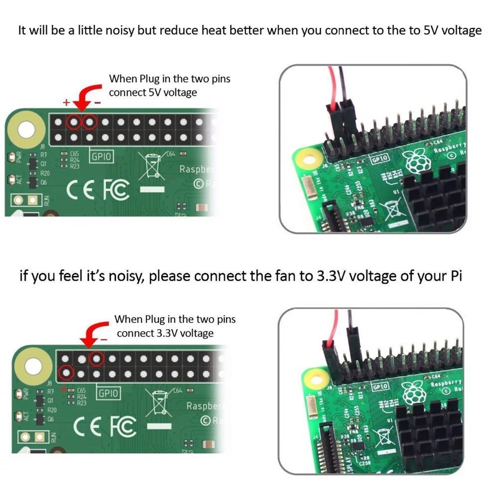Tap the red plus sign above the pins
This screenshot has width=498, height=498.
66,103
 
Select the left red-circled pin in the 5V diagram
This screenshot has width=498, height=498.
74,123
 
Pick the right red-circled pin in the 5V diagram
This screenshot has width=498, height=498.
90,123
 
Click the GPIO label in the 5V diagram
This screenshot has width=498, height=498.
100,156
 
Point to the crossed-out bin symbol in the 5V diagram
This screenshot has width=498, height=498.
153,166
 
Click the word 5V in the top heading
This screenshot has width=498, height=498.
431,30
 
